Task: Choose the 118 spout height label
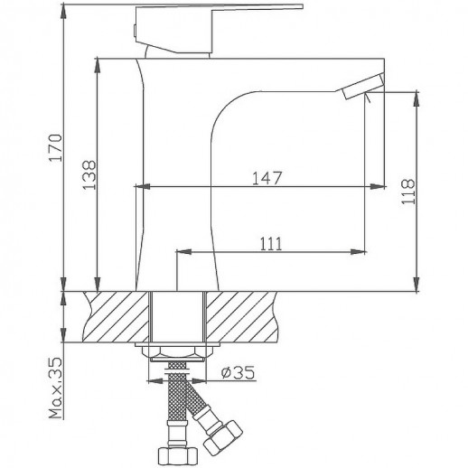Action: [x=431, y=192]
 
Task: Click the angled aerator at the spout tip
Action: [x=363, y=86]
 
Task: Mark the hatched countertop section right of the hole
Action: [x=244, y=316]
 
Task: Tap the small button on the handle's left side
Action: [x=135, y=29]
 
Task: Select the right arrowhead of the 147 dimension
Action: [x=378, y=188]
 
